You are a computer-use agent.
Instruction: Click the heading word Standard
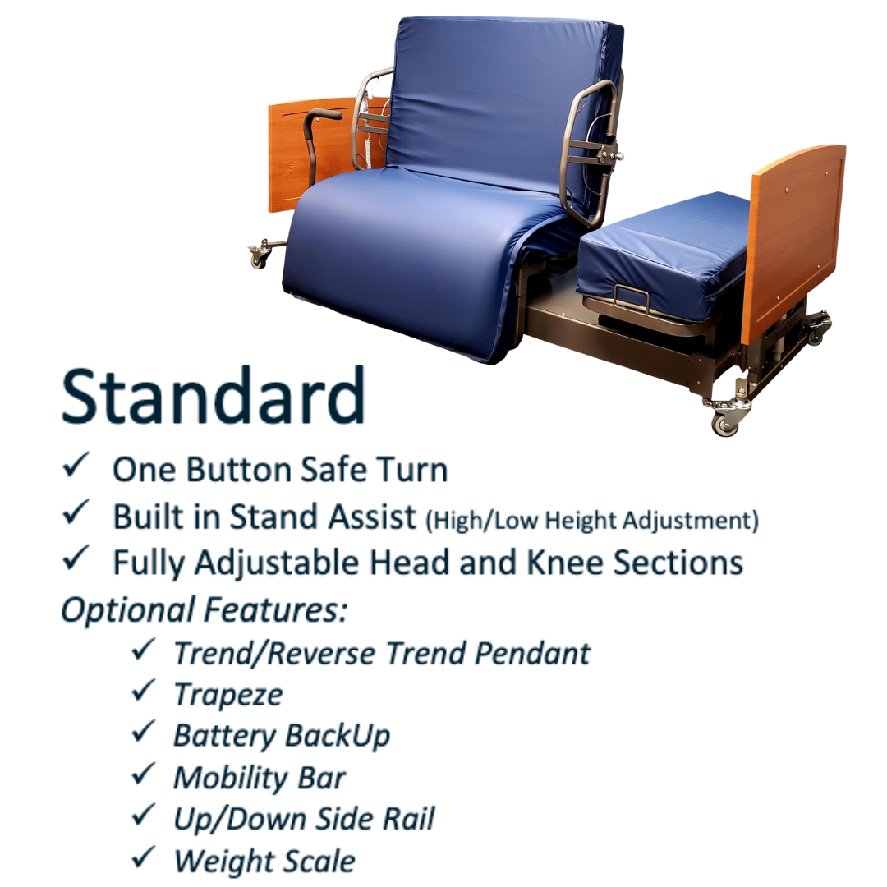(213, 396)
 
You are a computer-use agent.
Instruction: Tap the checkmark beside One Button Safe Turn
(76, 464)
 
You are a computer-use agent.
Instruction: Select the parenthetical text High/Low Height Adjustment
(592, 520)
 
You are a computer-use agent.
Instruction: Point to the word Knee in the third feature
(565, 563)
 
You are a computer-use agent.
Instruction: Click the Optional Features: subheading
(204, 609)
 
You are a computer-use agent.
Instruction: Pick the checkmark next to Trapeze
(143, 690)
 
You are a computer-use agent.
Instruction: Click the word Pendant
(533, 654)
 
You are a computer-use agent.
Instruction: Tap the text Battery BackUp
(282, 736)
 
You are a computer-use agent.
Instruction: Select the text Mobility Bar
(260, 778)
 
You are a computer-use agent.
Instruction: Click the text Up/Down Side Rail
(305, 819)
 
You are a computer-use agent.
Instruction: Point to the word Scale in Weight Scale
(319, 861)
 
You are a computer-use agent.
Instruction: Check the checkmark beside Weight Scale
(143, 857)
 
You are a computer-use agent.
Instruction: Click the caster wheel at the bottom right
(726, 421)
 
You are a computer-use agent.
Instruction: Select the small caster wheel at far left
(259, 258)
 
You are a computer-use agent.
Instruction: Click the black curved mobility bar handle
(317, 141)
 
